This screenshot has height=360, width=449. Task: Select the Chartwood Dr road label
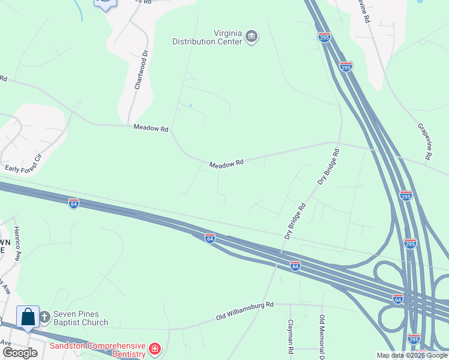pyautogui.click(x=141, y=73)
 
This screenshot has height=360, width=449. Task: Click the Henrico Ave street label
pyautogui.click(x=18, y=243)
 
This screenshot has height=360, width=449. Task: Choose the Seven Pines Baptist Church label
pyautogui.click(x=80, y=317)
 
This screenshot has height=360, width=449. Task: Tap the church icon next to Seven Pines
pyautogui.click(x=44, y=316)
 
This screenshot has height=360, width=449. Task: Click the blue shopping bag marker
pyautogui.click(x=28, y=316)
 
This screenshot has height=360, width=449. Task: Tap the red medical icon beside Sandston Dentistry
pyautogui.click(x=155, y=349)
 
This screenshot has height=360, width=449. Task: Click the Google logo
pyautogui.click(x=20, y=353)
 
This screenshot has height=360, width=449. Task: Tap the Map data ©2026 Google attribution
pyautogui.click(x=412, y=355)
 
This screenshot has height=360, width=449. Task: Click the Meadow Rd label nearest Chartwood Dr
pyautogui.click(x=151, y=128)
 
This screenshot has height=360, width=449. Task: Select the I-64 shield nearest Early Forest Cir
pyautogui.click(x=73, y=203)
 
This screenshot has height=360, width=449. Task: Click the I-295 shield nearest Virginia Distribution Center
pyautogui.click(x=324, y=37)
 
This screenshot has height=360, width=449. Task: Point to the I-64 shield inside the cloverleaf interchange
pyautogui.click(x=397, y=298)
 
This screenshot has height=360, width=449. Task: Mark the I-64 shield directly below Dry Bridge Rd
pyautogui.click(x=295, y=265)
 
